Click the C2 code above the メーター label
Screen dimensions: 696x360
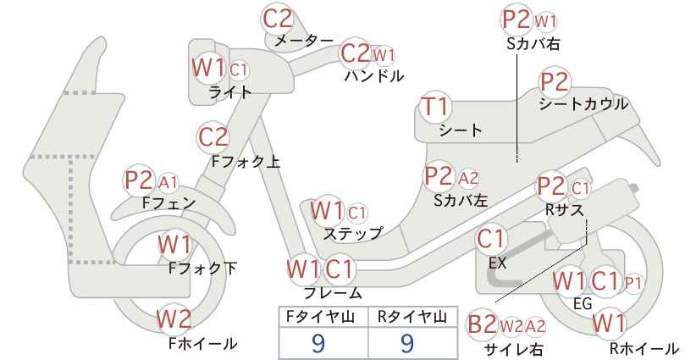coord(278,19)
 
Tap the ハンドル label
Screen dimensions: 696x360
coord(374,76)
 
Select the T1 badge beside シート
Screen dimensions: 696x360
coord(435,107)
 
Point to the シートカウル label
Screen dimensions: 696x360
coord(583,104)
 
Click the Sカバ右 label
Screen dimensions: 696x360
coord(533,43)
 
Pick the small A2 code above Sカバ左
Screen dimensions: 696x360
coord(468,178)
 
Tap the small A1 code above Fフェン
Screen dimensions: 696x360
coord(168,182)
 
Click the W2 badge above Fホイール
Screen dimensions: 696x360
coord(174,318)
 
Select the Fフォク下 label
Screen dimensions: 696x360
coord(203,269)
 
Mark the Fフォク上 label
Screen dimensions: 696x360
coord(246,161)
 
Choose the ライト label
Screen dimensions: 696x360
coord(230,92)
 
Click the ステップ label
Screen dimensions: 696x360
coord(353,233)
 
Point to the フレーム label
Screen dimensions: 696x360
coord(333,292)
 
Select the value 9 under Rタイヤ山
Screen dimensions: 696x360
coord(407,343)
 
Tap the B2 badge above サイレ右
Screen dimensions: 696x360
coord(483,325)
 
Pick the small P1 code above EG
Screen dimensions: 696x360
coord(633,283)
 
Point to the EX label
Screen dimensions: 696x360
coord(497,263)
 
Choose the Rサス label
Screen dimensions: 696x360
coord(564,209)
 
